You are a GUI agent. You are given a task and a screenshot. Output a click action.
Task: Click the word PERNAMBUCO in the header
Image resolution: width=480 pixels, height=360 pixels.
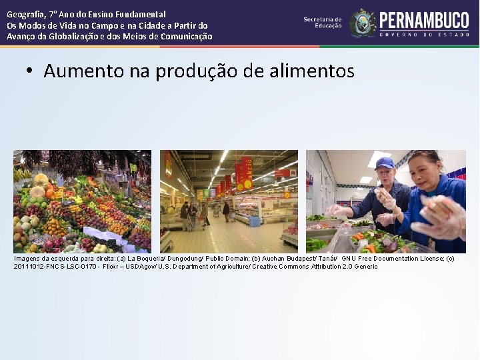424,19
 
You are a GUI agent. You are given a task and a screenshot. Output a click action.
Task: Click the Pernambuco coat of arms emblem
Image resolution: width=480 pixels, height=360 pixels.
363,23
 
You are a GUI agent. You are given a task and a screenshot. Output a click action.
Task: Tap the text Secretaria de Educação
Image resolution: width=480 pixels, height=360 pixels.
323,22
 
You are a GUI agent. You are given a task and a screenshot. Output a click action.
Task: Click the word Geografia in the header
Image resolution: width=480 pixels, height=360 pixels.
27,14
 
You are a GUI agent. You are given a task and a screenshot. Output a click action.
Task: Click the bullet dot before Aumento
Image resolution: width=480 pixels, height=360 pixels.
30,71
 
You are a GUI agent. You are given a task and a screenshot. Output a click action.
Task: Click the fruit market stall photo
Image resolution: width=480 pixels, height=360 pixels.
82,201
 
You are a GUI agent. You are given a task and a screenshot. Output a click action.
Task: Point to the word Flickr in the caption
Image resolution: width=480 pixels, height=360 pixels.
111,267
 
